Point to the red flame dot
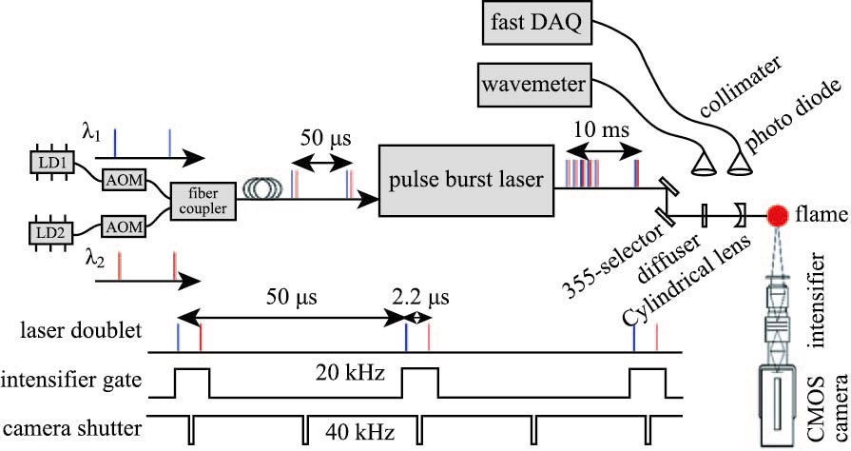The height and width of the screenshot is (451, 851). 777,216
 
